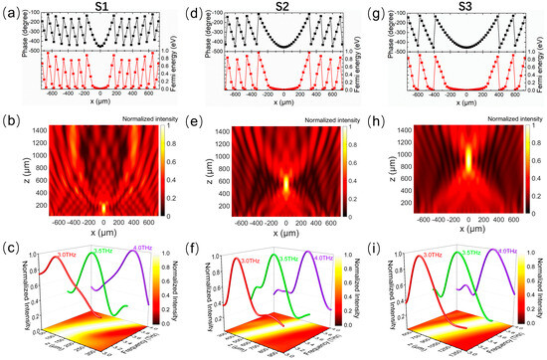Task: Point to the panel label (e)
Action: pos(191,126)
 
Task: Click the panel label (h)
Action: pos(374,126)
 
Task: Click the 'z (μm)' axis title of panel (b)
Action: pos(12,175)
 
